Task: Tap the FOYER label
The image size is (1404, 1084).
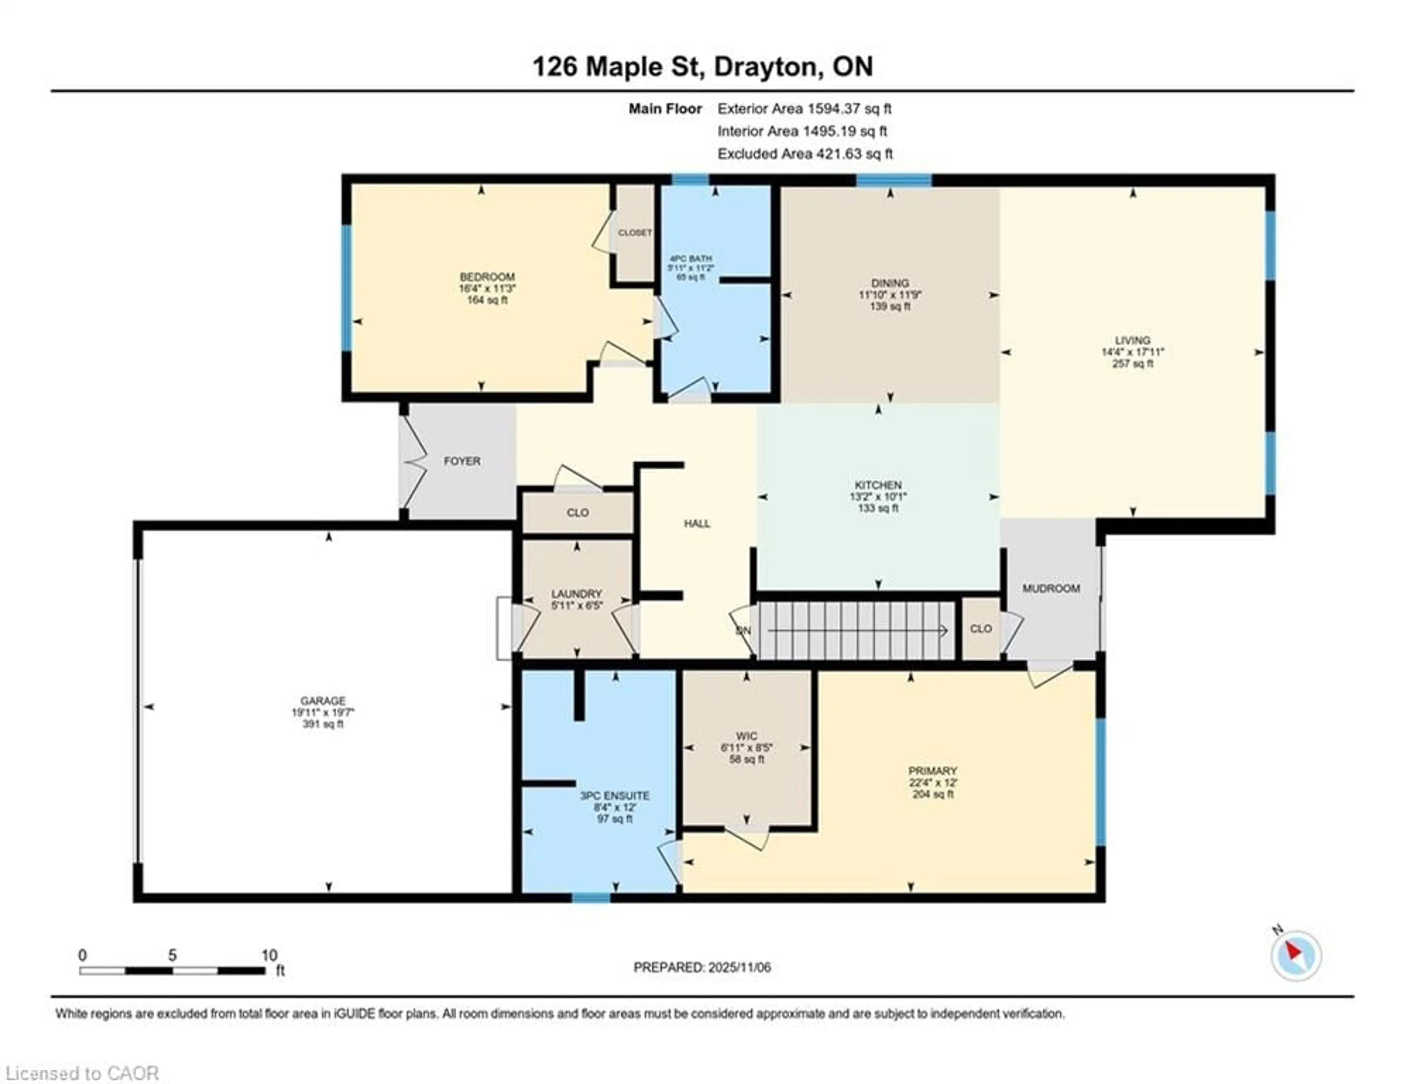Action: (x=461, y=461)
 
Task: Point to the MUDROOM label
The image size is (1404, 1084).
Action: (x=1050, y=588)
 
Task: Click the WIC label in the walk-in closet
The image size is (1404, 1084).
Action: (x=746, y=736)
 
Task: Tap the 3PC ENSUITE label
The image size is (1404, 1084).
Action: (x=615, y=795)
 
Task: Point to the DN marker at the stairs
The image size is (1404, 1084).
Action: (x=743, y=631)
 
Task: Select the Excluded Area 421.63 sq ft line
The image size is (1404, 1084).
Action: (x=805, y=154)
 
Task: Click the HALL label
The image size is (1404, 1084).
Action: (x=697, y=523)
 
